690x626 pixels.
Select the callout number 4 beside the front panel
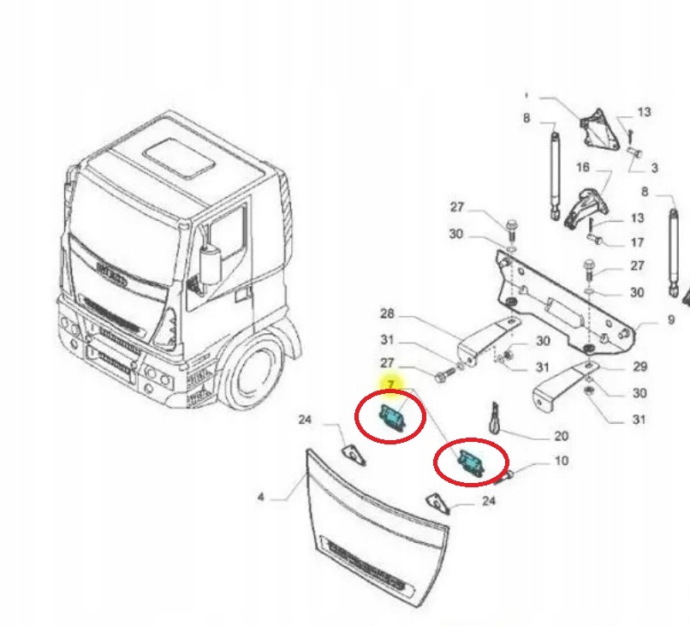pos(261,497)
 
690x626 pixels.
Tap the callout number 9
pos(671,320)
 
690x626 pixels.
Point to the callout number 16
pos(583,168)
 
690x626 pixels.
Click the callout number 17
pos(637,242)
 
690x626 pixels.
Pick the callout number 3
pos(654,168)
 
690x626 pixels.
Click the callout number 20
pos(561,435)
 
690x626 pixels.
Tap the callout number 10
pos(561,462)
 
